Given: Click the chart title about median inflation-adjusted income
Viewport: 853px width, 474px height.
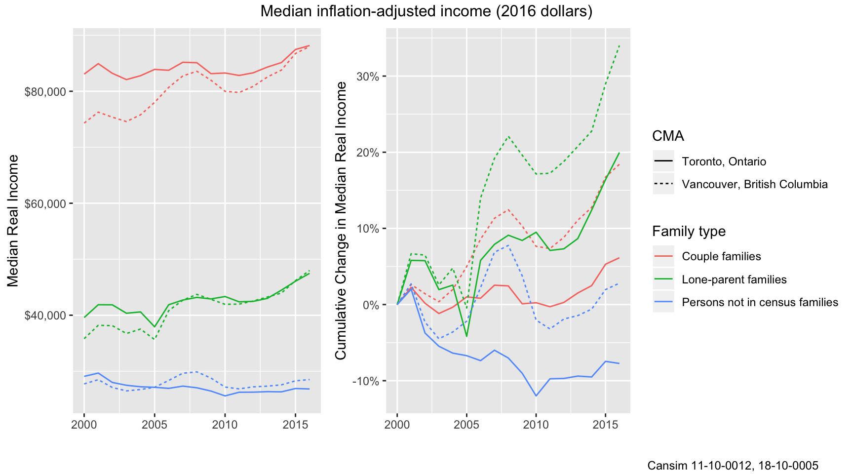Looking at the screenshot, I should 426,11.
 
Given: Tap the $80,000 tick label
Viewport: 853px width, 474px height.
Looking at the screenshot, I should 45,92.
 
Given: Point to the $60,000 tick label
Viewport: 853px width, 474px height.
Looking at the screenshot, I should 45,203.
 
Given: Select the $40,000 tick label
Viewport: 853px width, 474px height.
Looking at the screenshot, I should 45,316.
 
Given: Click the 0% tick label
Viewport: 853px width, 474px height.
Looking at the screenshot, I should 371,305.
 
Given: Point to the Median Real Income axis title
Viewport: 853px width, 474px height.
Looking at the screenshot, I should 13,221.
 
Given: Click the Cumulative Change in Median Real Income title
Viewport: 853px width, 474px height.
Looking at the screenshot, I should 341,221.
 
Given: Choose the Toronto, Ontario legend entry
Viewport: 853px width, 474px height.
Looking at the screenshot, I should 724,161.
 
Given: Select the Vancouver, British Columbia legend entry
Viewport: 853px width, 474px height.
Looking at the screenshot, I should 754,184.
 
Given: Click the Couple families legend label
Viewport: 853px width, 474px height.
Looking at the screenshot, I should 721,256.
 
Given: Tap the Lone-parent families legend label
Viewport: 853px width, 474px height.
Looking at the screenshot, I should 734,279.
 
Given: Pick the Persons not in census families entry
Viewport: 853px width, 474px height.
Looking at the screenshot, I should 760,302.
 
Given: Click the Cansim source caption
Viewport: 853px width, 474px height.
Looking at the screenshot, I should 733,465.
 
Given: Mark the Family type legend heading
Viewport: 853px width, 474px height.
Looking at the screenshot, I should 689,231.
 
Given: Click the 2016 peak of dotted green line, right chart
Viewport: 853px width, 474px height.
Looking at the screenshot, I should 619,45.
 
